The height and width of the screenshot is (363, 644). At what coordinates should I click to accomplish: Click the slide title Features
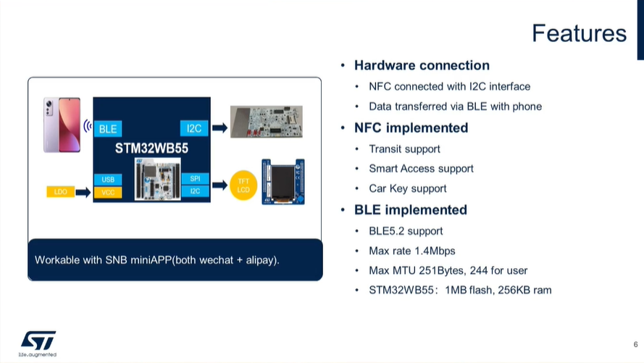point(578,33)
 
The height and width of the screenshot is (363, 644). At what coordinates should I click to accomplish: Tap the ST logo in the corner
point(38,340)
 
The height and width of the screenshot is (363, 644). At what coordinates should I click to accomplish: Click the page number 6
point(635,343)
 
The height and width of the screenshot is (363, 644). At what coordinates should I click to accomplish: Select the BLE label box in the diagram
point(108,129)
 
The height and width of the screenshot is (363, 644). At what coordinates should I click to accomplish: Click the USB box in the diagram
point(108,179)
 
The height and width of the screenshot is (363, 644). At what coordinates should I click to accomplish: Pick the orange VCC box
point(108,192)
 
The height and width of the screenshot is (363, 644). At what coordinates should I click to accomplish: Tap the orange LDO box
point(60,192)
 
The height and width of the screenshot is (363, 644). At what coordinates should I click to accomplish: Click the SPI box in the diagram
point(195,179)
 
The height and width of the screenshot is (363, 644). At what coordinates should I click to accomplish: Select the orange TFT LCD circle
point(243,185)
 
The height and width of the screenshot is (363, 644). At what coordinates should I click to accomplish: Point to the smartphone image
point(62,124)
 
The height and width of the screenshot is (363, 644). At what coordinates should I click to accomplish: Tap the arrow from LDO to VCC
point(83,192)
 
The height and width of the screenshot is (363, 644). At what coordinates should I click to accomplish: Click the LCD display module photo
point(283,181)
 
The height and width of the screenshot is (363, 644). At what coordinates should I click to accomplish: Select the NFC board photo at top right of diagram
point(266,122)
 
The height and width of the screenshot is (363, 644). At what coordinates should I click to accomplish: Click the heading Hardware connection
point(422,65)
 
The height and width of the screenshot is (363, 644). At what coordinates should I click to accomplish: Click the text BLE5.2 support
point(406,231)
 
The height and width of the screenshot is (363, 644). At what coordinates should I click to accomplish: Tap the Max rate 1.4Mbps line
point(411,251)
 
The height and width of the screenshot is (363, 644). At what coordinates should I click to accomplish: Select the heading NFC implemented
point(411,128)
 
